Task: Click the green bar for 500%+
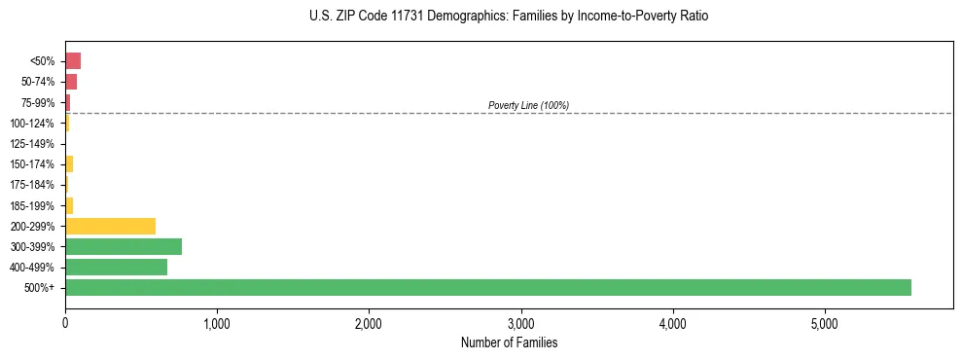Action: click(x=487, y=287)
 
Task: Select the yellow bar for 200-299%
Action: click(x=110, y=226)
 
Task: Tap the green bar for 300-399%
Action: click(x=124, y=246)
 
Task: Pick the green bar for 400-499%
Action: click(x=116, y=267)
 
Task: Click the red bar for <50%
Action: click(x=73, y=60)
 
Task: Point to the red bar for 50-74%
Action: click(x=71, y=81)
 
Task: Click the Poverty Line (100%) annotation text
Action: click(x=528, y=105)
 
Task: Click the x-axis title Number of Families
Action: click(x=509, y=342)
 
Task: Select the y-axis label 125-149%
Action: click(x=32, y=144)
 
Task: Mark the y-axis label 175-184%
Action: click(x=32, y=185)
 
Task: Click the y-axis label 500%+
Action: click(x=40, y=288)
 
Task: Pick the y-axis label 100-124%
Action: click(x=32, y=124)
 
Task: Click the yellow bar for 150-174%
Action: click(x=69, y=163)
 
